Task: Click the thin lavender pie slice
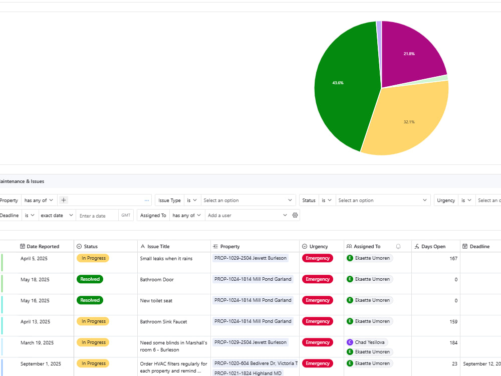point(379,39)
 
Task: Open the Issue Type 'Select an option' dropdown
point(248,201)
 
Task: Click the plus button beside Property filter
point(64,200)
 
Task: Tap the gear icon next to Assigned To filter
point(295,215)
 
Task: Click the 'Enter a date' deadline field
point(97,216)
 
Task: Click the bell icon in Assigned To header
point(398,247)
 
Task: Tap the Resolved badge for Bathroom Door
point(90,279)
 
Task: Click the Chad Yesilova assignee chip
point(367,342)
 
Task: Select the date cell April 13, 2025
point(35,322)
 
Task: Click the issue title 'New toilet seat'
point(156,300)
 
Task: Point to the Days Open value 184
point(453,343)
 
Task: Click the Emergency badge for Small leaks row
point(317,258)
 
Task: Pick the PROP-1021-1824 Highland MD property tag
point(247,373)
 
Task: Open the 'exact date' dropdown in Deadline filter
point(57,216)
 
